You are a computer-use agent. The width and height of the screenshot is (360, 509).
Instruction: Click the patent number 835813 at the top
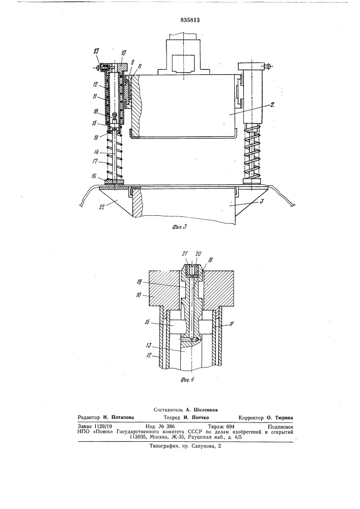(x=190, y=20)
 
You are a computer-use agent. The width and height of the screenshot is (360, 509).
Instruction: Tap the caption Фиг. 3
(x=179, y=227)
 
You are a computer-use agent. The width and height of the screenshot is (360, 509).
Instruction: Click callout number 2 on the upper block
(x=273, y=104)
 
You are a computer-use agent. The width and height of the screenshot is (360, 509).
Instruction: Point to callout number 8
(x=140, y=66)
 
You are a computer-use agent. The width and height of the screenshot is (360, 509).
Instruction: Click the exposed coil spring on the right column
(x=252, y=153)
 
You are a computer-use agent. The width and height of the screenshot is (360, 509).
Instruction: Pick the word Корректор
(x=251, y=418)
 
